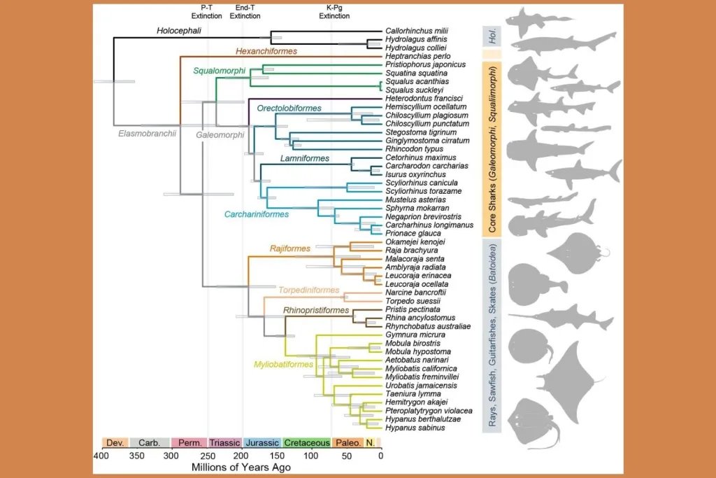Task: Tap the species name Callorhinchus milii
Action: pyautogui.click(x=417, y=31)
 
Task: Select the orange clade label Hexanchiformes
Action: pyautogui.click(x=267, y=51)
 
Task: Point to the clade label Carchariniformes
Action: pyautogui.click(x=254, y=214)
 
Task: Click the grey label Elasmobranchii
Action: pyautogui.click(x=145, y=132)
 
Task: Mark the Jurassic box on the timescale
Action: pyautogui.click(x=262, y=442)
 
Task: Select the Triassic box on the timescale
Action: pyautogui.click(x=225, y=442)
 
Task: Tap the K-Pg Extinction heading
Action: pyautogui.click(x=334, y=11)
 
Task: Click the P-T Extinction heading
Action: pyautogui.click(x=206, y=11)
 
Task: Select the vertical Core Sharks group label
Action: pyautogui.click(x=492, y=148)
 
